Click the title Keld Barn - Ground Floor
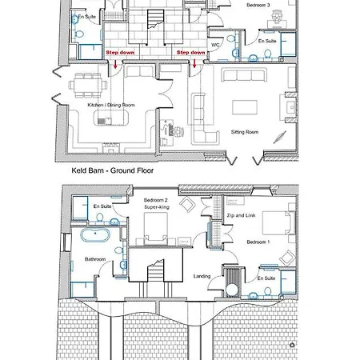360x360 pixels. point(113,170)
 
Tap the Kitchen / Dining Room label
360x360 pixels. point(111,105)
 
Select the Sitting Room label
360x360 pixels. point(245,132)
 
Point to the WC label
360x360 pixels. point(215,45)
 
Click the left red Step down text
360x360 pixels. point(120,53)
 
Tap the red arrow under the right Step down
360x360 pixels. point(194,63)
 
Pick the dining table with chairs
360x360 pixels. point(88,86)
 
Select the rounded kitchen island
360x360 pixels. point(110,118)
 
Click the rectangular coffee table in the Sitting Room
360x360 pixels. point(245,107)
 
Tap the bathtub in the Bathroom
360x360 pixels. point(95,235)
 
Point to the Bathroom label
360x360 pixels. point(95,259)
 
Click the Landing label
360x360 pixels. point(202,276)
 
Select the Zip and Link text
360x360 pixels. point(241,215)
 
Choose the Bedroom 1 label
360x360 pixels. point(258,242)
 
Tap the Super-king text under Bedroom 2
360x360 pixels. point(157,207)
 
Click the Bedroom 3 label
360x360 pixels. point(258,5)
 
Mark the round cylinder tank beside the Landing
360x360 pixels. point(232,290)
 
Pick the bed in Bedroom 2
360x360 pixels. point(156,229)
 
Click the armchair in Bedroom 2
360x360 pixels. point(188,204)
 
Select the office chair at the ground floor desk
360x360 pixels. point(178,131)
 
